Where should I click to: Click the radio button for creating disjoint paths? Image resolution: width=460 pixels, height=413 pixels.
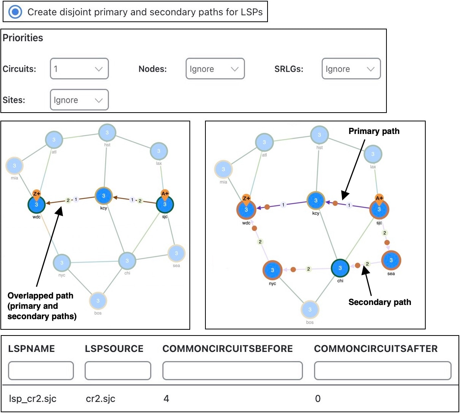15,12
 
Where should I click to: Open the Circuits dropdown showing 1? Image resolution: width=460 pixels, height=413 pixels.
79,69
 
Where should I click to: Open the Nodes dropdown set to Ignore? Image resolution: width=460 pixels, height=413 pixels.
215,69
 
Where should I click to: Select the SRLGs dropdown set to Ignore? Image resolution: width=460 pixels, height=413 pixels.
351,69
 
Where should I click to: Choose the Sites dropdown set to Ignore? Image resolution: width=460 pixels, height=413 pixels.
79,100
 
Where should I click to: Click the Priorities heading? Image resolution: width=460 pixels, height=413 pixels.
23,38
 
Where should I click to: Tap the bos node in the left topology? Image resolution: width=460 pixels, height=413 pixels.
98,301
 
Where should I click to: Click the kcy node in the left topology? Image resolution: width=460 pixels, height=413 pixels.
104,196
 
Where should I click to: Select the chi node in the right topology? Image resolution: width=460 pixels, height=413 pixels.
340,268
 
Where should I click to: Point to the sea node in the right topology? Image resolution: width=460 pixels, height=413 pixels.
391,260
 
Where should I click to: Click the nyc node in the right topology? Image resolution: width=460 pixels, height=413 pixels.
272,270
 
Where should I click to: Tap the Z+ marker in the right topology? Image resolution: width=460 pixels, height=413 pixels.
247,199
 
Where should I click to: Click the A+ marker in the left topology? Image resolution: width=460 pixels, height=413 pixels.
165,194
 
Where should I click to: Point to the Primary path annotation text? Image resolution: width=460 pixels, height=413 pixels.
374,131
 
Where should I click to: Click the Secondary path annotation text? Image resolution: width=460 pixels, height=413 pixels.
380,302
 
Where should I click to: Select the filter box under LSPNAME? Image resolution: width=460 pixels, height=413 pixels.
41,371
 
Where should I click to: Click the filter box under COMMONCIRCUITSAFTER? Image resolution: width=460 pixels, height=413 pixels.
383,371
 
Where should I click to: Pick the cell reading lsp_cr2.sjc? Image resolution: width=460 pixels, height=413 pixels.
32,398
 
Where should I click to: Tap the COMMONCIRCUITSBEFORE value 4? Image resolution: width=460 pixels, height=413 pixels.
166,398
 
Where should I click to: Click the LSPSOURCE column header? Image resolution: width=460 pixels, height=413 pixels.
114,348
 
